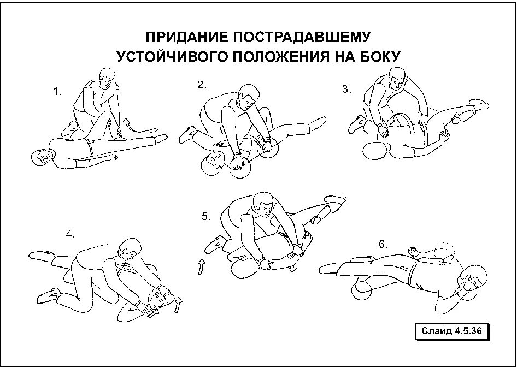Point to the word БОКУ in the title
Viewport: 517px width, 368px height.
[379, 56]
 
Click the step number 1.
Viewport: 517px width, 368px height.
[57, 92]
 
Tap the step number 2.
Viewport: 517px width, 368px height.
[202, 85]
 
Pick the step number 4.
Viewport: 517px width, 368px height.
[70, 234]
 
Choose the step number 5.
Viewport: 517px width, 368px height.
[205, 216]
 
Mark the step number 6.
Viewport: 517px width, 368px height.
[384, 244]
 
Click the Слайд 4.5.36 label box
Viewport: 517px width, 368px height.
[451, 331]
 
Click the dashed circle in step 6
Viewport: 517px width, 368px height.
[445, 251]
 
